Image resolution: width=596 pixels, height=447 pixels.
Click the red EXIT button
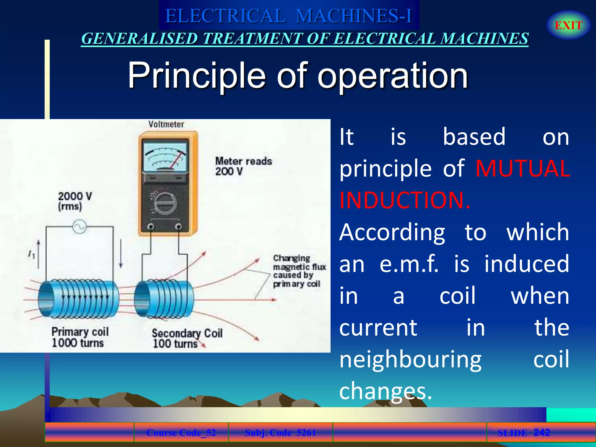[x=568, y=25]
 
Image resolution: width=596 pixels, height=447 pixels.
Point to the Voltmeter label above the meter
[x=166, y=124]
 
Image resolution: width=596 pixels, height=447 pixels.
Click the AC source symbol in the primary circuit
[x=79, y=227]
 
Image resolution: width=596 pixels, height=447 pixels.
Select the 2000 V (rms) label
[x=75, y=201]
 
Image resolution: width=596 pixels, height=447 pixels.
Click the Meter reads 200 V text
[x=243, y=166]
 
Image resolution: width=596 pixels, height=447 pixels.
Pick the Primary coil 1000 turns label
[x=79, y=337]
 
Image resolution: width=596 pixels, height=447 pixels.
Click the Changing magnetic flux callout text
[x=299, y=271]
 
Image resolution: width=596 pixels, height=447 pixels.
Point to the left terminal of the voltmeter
[x=151, y=226]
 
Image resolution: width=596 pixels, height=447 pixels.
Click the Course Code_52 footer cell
[x=181, y=433]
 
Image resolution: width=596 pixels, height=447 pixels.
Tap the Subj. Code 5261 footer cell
[x=280, y=433]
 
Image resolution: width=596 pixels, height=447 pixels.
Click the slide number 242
[x=542, y=432]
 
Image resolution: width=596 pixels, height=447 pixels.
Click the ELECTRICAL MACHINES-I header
[x=288, y=16]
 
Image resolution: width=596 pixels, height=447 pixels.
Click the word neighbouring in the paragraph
[x=410, y=359]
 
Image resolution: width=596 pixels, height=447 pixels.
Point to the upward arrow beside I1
[x=38, y=253]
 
